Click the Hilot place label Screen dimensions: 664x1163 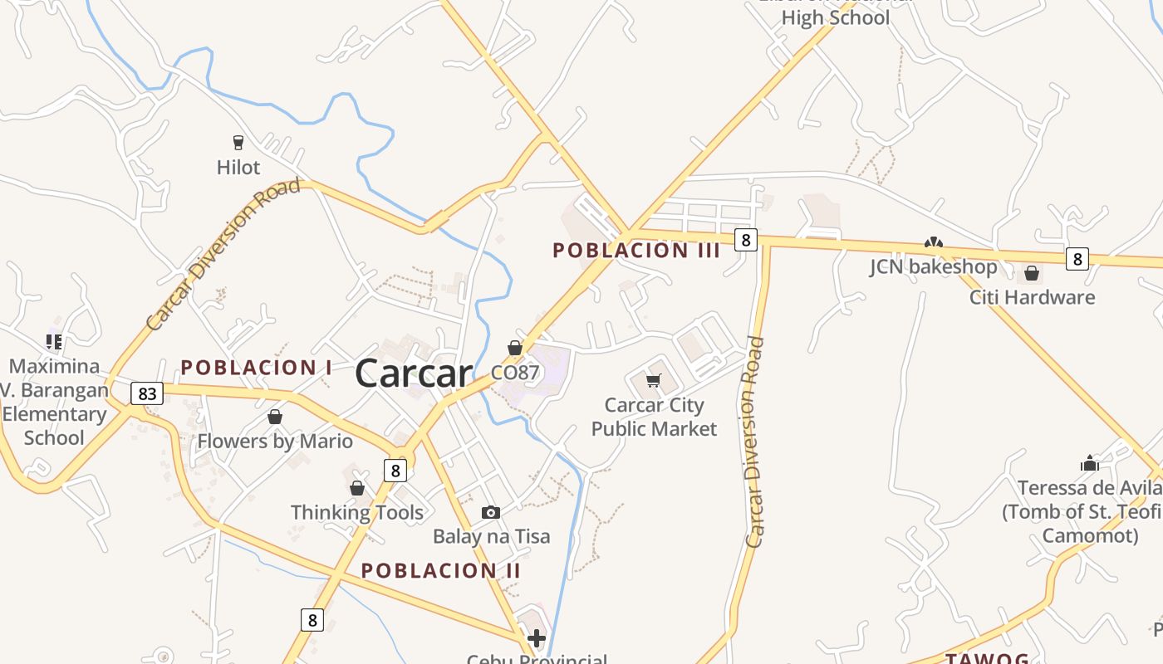coord(238,167)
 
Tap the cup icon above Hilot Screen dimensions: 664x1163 coord(238,142)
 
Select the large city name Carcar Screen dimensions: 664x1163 coord(414,373)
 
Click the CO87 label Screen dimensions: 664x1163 coord(515,373)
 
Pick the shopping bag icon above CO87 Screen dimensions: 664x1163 coord(515,347)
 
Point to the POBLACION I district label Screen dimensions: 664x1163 coord(257,367)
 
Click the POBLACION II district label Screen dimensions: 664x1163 coord(441,570)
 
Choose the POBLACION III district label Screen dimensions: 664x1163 coord(636,250)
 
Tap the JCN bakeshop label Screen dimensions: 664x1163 coord(933,266)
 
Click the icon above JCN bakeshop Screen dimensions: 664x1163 coord(934,242)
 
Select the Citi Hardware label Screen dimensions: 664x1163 coord(1032,297)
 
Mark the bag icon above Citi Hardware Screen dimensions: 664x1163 coord(1032,272)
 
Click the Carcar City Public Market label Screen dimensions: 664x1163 coord(654,417)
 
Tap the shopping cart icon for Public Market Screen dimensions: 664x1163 coord(654,381)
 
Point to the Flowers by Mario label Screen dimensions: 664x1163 coord(275,441)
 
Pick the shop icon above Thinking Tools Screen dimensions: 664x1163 coord(357,488)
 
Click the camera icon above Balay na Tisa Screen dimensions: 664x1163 coord(491,512)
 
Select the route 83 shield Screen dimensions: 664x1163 coord(147,393)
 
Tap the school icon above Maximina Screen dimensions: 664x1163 coord(54,340)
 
